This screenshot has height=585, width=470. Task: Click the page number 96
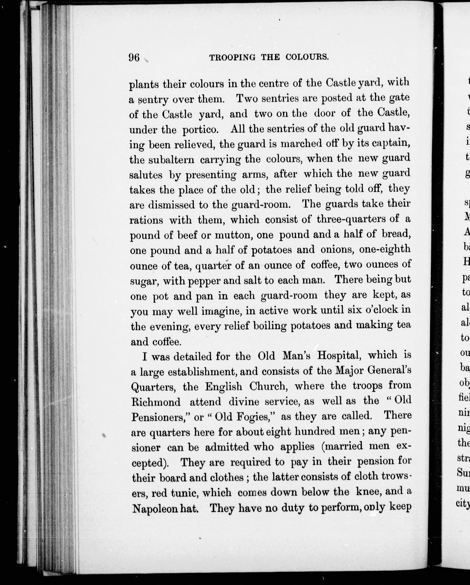click(x=134, y=58)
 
